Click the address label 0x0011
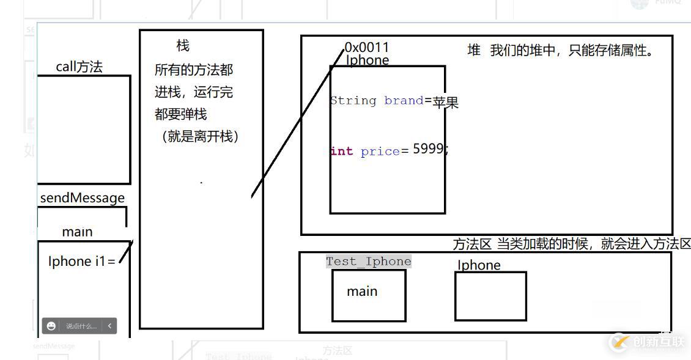point(367,47)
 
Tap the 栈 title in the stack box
point(183,45)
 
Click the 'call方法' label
point(79,67)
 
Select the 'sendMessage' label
point(83,197)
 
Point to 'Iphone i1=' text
point(82,261)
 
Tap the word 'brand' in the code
point(404,101)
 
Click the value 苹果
point(446,103)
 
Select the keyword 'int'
point(341,151)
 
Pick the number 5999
point(428,149)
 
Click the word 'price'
point(380,151)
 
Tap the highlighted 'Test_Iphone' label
point(369,262)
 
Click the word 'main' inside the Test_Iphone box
point(362,292)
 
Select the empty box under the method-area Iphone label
point(490,296)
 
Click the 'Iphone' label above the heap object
point(368,60)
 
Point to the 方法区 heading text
point(472,244)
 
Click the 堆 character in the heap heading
point(474,51)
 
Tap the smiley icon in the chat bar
point(51,326)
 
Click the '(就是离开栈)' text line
point(200,136)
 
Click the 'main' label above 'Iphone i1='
point(78,232)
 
